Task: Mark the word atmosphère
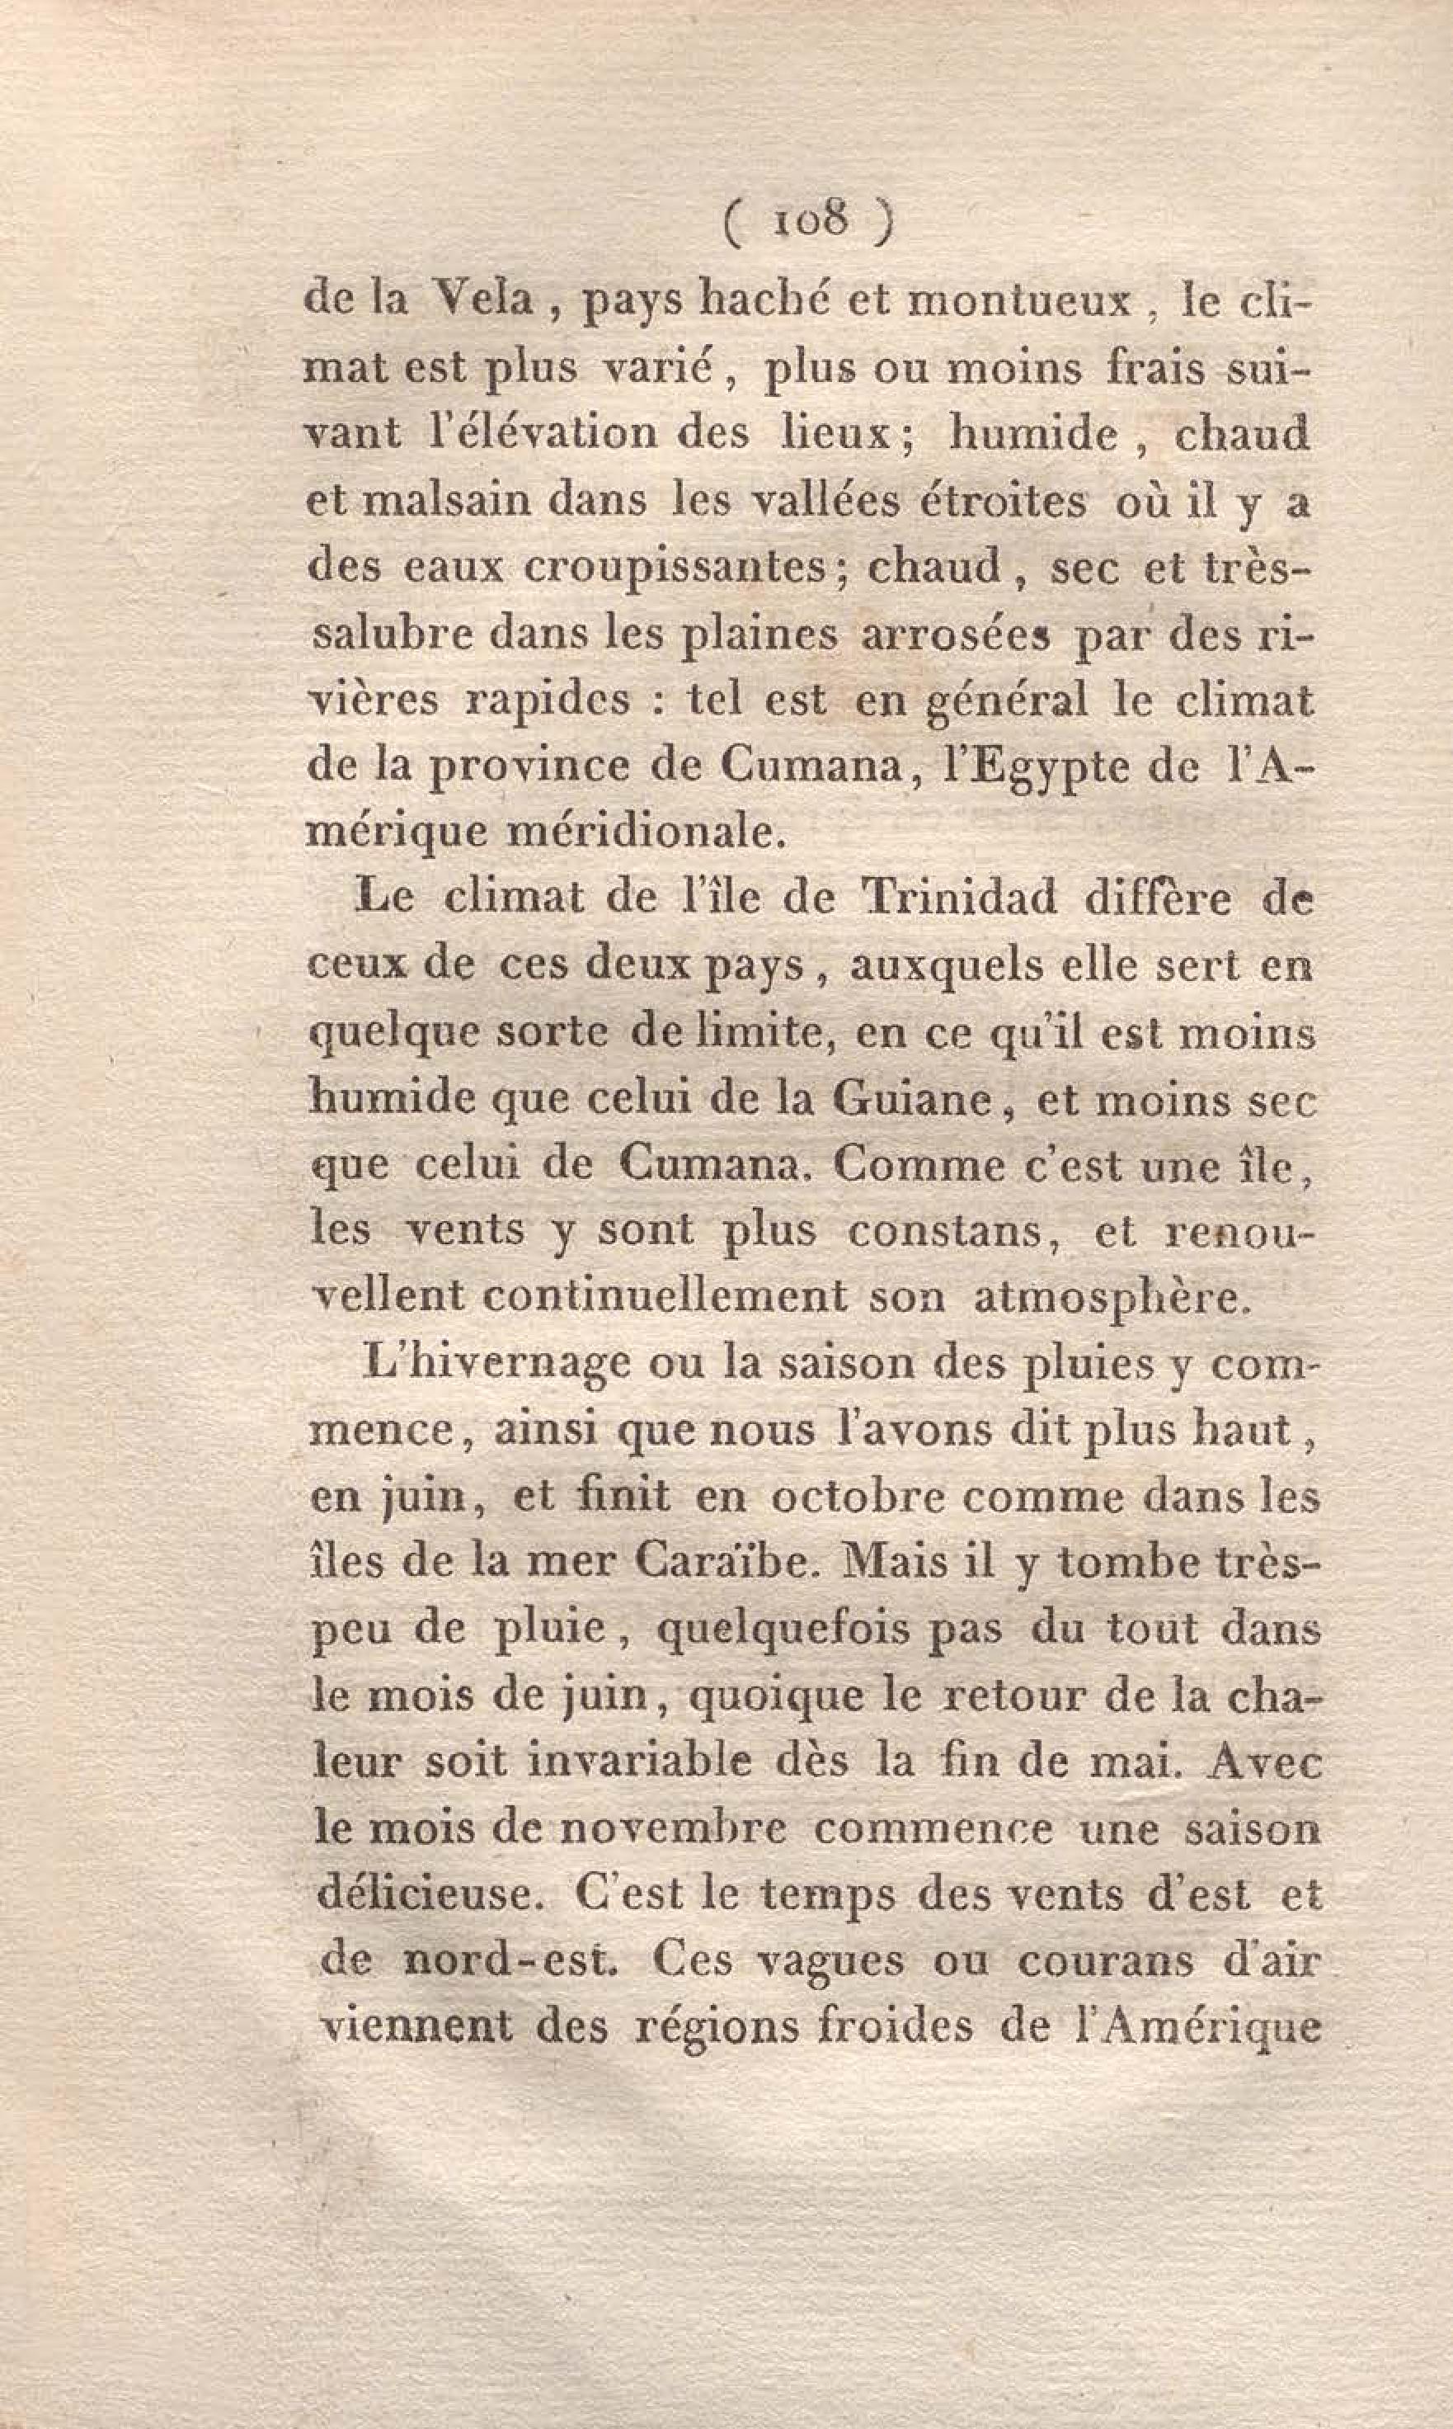[x=1113, y=1297]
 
